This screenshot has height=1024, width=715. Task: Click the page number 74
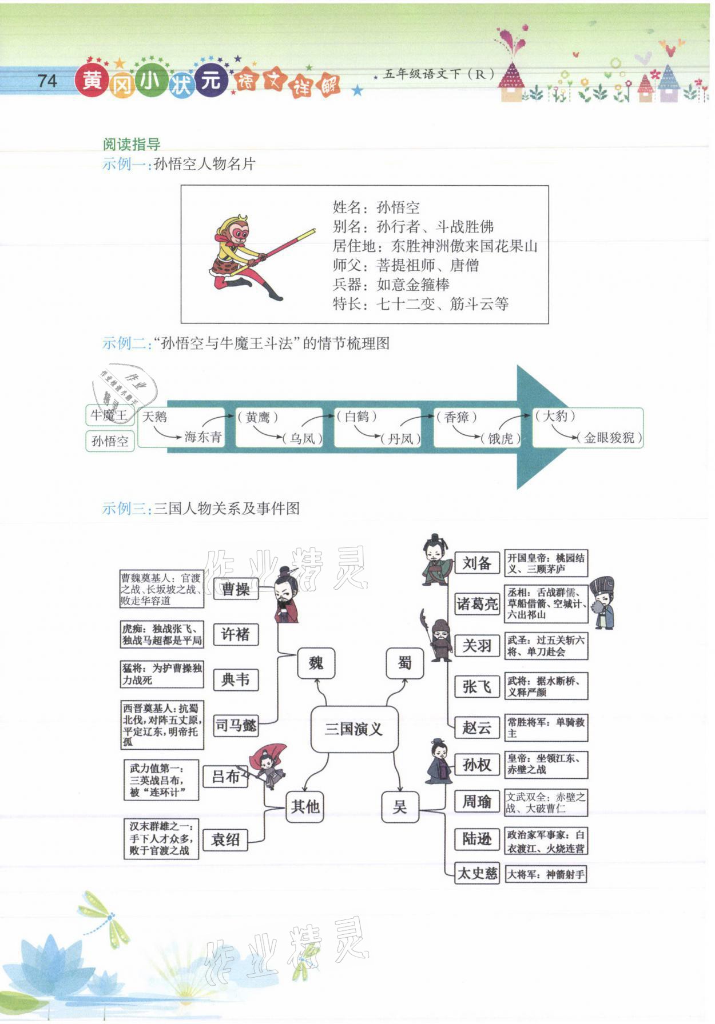(x=47, y=81)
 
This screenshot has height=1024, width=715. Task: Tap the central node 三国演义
(x=353, y=729)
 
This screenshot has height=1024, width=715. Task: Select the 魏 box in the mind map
(x=316, y=663)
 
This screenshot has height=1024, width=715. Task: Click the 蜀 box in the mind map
(x=404, y=663)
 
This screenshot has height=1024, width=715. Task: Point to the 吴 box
(x=400, y=806)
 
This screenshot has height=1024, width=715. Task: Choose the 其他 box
(x=305, y=806)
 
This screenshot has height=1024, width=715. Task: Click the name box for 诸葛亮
(x=477, y=604)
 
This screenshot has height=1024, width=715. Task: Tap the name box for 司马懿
(x=235, y=725)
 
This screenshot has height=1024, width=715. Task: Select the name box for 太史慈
(x=477, y=873)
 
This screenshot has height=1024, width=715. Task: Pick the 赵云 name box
(x=477, y=727)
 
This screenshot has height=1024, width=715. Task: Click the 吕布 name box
(x=226, y=777)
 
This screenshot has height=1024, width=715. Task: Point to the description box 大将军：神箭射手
(x=546, y=874)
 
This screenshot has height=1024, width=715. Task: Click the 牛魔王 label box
(x=110, y=415)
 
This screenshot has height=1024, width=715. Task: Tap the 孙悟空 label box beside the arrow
(x=110, y=441)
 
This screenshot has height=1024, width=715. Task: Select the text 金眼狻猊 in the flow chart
(x=609, y=438)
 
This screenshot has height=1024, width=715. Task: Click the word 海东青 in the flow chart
(x=202, y=437)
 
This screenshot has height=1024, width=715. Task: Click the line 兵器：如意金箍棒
(x=391, y=285)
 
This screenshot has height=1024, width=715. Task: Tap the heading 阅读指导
(x=131, y=144)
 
